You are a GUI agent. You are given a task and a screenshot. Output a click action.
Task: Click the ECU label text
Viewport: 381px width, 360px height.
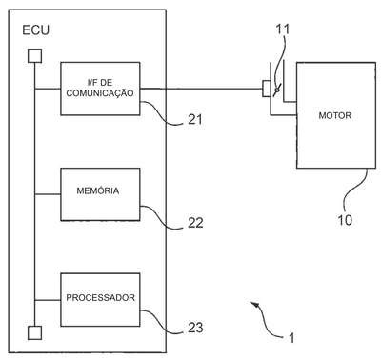35,30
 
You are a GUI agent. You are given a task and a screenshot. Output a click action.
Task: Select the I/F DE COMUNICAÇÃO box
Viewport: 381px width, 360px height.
100,89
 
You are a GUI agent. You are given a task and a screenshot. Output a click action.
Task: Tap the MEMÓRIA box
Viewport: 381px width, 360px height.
100,194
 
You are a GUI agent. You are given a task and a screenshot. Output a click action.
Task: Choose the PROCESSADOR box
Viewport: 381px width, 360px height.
100,300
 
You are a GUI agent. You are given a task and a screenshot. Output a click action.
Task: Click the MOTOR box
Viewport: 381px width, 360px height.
336,115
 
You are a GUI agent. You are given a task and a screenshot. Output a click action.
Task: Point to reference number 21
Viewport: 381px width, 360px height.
195,120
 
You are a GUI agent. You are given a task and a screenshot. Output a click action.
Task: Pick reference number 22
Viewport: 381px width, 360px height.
195,223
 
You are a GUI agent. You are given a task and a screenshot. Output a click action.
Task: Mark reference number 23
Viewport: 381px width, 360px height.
195,328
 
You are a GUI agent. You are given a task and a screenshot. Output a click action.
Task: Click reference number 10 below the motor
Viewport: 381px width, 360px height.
345,220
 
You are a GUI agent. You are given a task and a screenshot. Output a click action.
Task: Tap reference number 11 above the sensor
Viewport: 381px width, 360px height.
283,30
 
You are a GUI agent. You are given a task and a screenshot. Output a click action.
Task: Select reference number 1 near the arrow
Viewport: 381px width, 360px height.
291,338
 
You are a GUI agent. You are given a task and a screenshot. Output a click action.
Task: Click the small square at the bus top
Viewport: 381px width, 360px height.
34,56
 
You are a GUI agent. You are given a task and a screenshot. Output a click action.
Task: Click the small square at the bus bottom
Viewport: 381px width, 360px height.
34,333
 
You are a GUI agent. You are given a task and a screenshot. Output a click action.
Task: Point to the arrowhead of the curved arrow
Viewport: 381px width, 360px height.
254,304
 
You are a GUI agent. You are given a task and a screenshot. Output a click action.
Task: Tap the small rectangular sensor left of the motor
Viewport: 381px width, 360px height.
267,89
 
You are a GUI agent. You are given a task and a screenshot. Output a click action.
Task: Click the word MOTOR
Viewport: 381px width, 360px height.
335,115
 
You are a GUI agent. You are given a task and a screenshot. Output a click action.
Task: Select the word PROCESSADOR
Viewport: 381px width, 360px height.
100,298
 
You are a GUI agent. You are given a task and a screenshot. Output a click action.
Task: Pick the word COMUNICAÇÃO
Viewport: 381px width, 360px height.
100,93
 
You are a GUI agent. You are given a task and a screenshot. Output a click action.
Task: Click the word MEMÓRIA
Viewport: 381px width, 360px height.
98,190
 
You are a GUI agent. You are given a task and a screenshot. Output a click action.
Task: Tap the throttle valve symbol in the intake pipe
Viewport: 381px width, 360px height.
277,91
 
